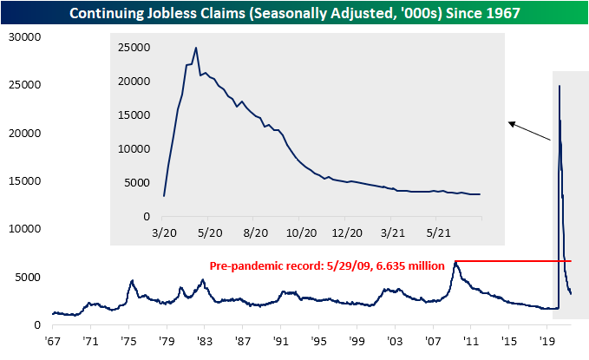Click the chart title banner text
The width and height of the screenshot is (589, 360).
click(x=294, y=12)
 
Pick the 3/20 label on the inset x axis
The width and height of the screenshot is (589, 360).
click(x=164, y=232)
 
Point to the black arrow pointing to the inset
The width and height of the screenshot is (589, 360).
click(x=530, y=132)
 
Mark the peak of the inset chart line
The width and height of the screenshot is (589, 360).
click(x=196, y=48)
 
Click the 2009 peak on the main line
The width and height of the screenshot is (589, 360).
click(x=455, y=261)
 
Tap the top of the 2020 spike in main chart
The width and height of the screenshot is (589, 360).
click(x=560, y=86)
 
